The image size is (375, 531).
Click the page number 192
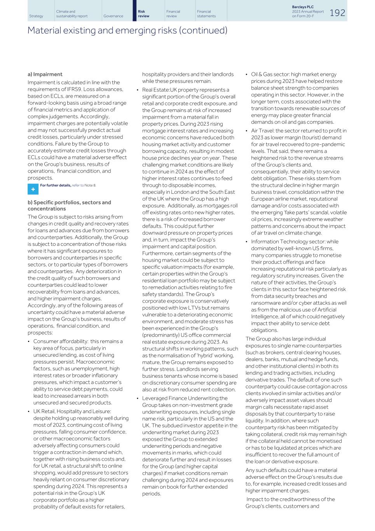[x=337, y=12]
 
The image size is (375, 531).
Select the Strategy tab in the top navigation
[x=36, y=16]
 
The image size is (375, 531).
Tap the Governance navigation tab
[x=113, y=16]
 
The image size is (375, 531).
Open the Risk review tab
[x=143, y=14]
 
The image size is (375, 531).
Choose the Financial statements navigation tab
[x=206, y=14]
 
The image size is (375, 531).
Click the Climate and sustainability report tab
[x=72, y=14]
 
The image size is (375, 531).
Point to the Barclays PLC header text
[x=302, y=7]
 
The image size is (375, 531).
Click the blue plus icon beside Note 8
[x=32, y=189]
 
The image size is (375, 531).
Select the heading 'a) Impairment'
[x=45, y=74]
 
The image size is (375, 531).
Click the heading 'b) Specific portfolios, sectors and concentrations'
[x=69, y=205]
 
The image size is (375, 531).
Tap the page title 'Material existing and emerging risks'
[x=127, y=30]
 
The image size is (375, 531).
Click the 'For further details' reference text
[x=56, y=185]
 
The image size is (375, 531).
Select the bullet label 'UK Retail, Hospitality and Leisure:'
[x=72, y=411]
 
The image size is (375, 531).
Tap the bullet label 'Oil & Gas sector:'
[x=270, y=74]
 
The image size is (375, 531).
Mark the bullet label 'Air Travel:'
[x=264, y=131]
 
